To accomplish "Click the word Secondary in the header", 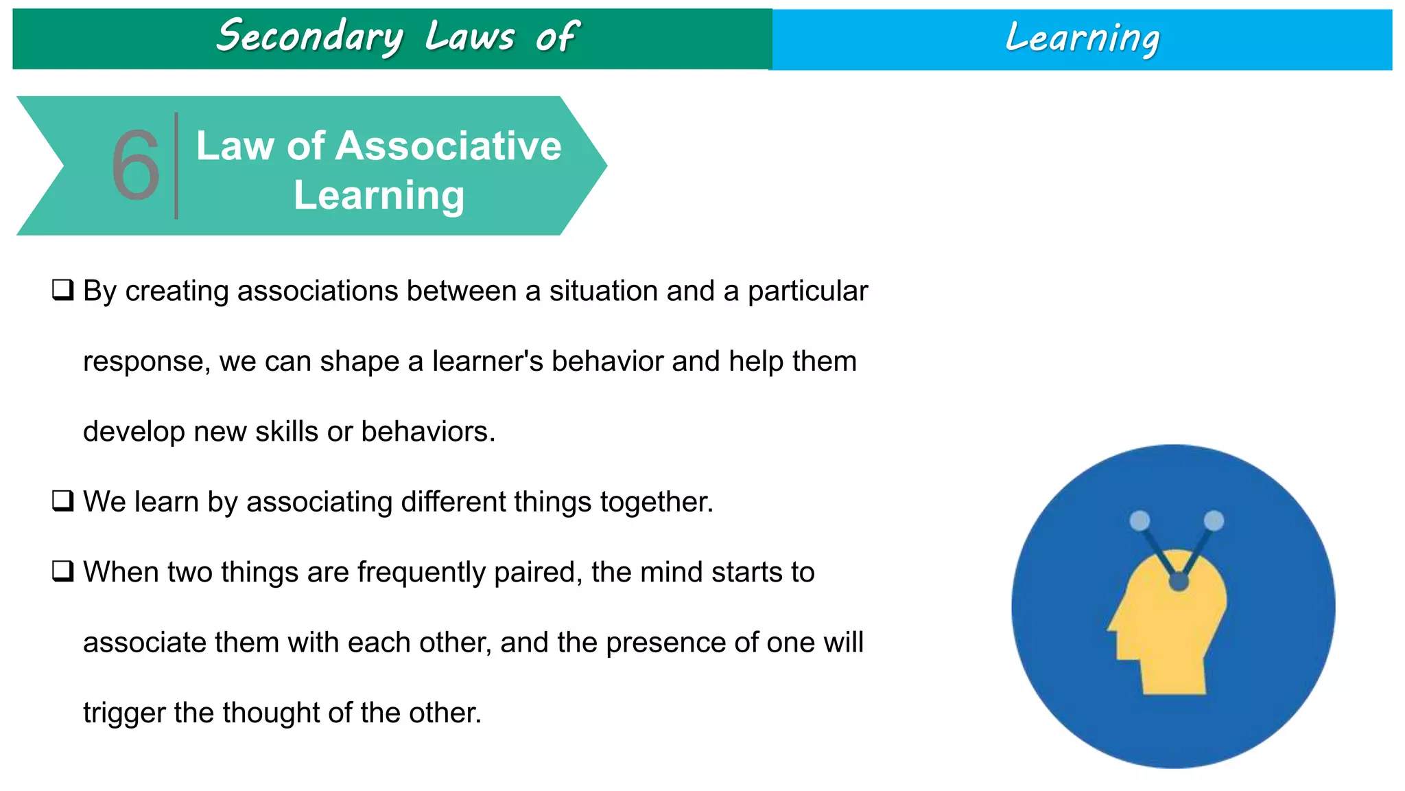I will click(x=310, y=37).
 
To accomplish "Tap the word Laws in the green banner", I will click(x=469, y=37).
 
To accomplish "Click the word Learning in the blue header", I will click(x=1082, y=38).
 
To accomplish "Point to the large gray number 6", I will click(x=136, y=166).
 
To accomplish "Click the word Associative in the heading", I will click(x=448, y=146).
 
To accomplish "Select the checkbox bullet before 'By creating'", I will click(x=62, y=290).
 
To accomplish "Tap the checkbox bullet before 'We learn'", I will click(x=62, y=501).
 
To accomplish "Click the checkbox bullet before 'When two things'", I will click(x=62, y=571).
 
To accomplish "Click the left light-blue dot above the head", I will click(x=1140, y=520).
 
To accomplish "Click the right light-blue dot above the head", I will click(x=1214, y=520).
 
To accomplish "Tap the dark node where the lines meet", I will click(x=1179, y=582).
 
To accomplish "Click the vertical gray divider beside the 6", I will click(x=176, y=166).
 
